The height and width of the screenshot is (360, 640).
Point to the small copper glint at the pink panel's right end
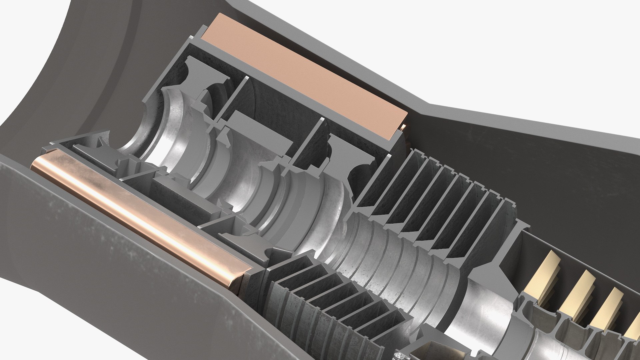pyautogui.click(x=404, y=127)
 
